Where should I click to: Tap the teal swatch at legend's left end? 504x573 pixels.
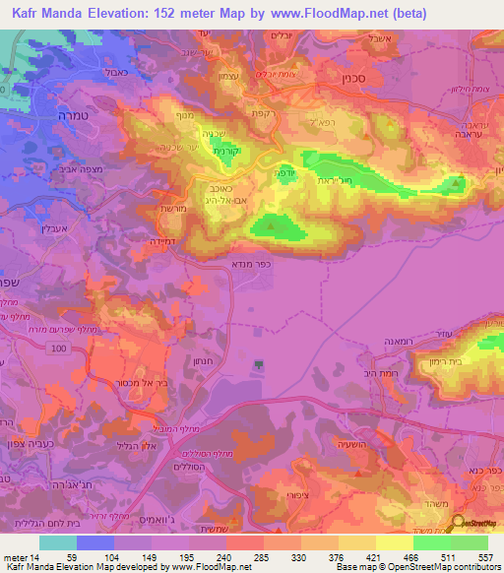[58, 542]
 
